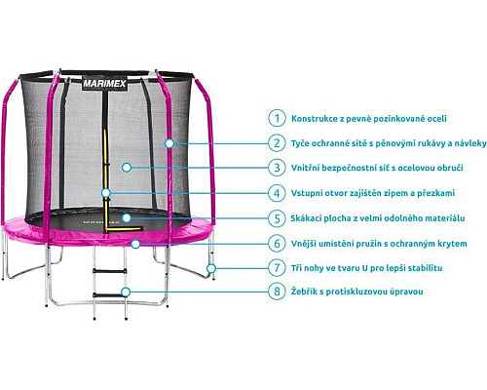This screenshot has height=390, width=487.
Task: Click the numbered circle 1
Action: (277, 118)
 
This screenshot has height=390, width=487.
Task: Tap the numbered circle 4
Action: (277, 193)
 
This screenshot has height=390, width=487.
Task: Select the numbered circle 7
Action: (277, 268)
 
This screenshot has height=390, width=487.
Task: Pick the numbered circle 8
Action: (277, 292)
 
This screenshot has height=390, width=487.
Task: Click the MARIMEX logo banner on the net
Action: (104, 84)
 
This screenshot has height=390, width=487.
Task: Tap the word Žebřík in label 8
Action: (304, 292)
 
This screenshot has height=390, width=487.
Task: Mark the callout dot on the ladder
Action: (126, 292)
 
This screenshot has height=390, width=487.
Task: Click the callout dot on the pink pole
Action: (169, 143)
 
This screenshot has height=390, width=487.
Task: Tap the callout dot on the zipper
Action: (105, 193)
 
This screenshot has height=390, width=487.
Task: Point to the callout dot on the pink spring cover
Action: (135, 244)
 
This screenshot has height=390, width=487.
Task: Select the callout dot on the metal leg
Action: (211, 268)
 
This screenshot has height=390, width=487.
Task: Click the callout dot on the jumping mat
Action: (127, 217)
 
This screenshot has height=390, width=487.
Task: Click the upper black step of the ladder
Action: (110, 270)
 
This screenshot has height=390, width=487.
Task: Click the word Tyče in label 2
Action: (300, 143)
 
